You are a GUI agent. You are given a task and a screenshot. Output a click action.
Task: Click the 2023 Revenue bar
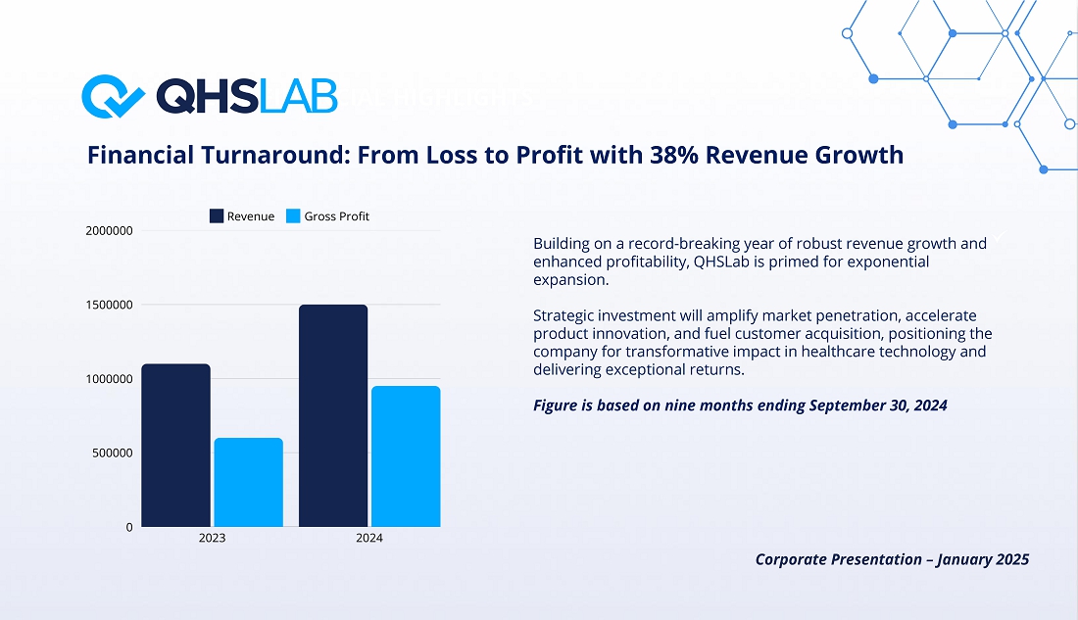pos(176,446)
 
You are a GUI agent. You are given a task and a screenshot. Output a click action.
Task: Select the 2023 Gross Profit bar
pos(248,483)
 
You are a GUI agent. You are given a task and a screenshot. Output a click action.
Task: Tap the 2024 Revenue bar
pos(333,416)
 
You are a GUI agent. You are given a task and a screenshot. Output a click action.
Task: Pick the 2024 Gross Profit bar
pos(406,456)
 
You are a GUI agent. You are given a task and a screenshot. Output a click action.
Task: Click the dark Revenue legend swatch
pos(217,216)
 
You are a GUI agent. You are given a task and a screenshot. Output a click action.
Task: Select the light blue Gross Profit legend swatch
pos(293,216)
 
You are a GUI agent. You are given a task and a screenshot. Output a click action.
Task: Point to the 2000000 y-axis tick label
pos(110,231)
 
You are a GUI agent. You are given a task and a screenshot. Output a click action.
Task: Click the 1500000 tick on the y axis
pos(110,306)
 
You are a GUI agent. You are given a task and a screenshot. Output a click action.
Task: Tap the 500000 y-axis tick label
pos(113,453)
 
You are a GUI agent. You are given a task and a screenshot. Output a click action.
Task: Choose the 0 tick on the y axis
pos(129,527)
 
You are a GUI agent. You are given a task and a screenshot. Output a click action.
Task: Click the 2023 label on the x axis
pos(212,538)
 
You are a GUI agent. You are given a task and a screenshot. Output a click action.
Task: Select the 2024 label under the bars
pos(369,538)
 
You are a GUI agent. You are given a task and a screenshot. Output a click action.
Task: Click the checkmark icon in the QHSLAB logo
pos(113,96)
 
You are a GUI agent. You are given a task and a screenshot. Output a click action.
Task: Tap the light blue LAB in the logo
pos(298,96)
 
